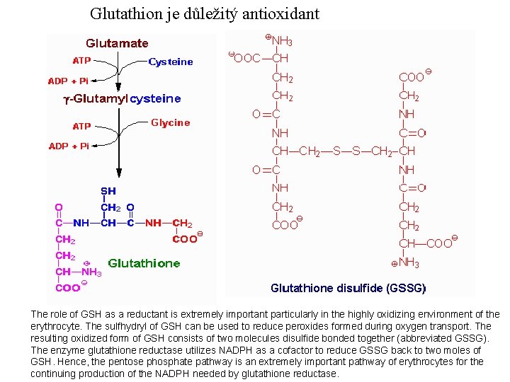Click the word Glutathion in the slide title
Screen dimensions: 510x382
point(124,13)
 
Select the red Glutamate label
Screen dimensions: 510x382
point(117,43)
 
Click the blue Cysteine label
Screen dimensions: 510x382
point(171,62)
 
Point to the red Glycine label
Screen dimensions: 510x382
point(171,122)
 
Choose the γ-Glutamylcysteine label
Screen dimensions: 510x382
point(122,99)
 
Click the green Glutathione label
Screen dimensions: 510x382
point(144,263)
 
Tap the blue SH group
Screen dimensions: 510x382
point(108,191)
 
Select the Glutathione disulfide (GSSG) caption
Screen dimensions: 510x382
point(348,288)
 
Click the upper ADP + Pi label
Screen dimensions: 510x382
point(68,81)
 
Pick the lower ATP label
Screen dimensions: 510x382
point(82,127)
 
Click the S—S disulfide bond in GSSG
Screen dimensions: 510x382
point(346,151)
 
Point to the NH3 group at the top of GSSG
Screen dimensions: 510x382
point(282,41)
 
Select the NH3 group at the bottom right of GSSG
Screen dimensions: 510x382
point(409,263)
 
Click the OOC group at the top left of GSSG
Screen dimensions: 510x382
point(246,59)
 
